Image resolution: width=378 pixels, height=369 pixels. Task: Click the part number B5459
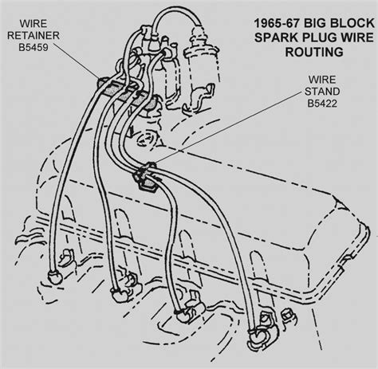(33, 47)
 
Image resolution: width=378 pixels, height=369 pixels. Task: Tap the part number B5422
(322, 103)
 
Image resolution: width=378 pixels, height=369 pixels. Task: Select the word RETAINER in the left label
(33, 35)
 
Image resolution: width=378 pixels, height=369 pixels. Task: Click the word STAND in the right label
(322, 92)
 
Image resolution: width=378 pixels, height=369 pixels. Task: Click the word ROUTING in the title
(314, 52)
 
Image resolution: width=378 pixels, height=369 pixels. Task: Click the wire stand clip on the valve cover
(145, 176)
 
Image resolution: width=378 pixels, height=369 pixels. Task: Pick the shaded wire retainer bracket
(127, 94)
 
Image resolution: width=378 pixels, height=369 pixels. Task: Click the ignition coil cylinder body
(203, 66)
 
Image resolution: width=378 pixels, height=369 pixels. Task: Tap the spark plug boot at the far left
(55, 277)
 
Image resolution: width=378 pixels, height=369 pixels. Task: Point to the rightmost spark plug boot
(258, 336)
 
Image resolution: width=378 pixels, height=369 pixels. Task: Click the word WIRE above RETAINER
(33, 24)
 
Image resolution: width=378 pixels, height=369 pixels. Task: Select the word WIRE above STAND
(322, 80)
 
